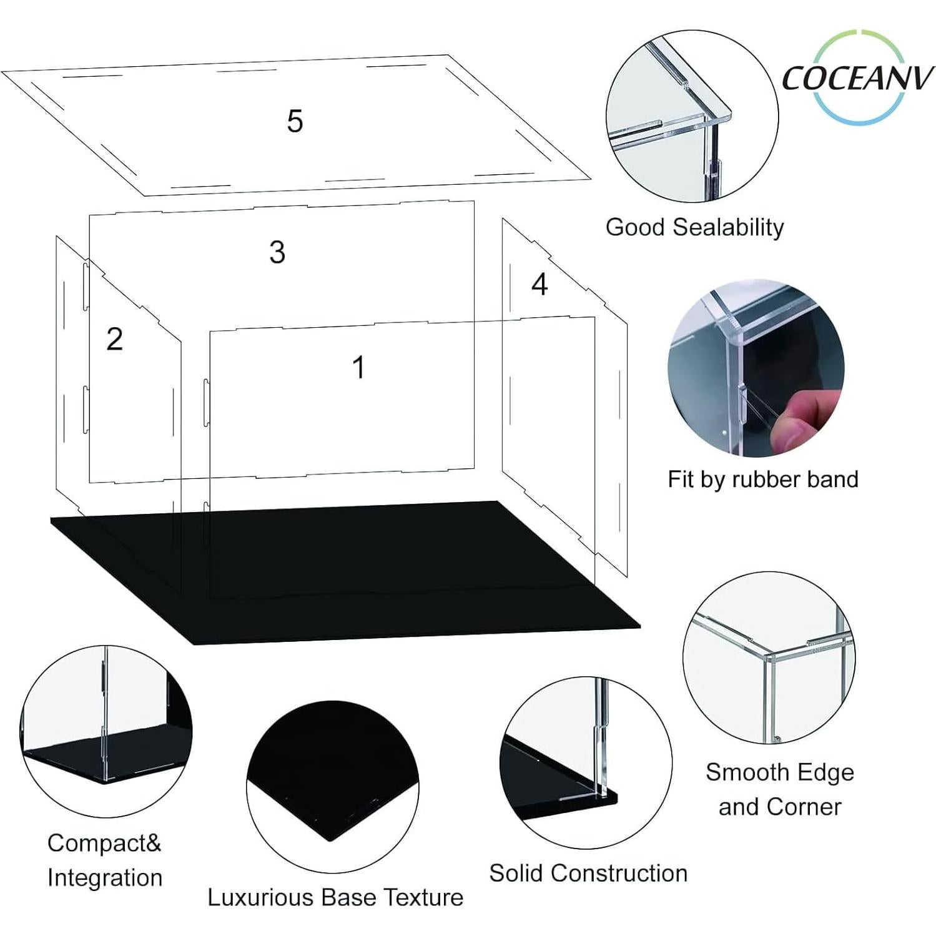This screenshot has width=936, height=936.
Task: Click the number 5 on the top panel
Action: pos(295,121)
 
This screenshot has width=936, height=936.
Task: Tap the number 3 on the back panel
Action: pos(277,252)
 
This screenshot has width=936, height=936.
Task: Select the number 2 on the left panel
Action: pos(114,339)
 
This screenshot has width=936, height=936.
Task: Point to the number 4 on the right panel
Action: pos(539,284)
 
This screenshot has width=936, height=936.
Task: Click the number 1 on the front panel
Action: pos(358,367)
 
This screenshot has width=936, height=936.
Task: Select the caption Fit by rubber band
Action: pos(762,480)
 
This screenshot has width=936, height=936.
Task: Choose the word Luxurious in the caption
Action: pos(260,897)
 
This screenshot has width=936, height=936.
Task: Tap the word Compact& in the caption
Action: pos(104,843)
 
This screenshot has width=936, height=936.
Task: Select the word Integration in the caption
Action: pos(105,877)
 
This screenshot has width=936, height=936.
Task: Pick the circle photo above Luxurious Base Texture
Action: pos(332,786)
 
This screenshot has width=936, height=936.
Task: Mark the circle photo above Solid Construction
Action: pos(585,762)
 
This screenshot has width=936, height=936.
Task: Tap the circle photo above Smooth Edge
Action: pos(769,657)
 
